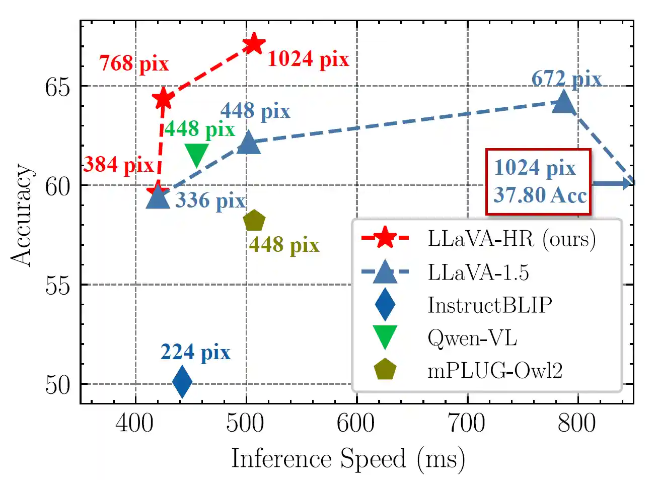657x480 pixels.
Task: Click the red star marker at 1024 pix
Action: pos(254,44)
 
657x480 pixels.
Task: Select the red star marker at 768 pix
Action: pos(163,99)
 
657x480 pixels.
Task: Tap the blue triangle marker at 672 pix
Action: pos(563,102)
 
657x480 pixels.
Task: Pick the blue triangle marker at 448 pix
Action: pos(248,143)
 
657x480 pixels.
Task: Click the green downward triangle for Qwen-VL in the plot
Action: pos(196,154)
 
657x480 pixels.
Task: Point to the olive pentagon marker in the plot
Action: pos(254,221)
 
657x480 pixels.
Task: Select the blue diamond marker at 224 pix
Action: pos(182,382)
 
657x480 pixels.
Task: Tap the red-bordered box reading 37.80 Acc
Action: pos(539,182)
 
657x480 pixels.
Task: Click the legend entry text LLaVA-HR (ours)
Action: pos(512,238)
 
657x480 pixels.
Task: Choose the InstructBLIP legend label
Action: pos(490,305)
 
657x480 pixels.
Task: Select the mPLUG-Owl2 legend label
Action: pos(495,371)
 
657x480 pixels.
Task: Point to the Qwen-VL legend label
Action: pos(472,337)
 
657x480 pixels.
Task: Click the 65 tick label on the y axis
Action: pos(57,87)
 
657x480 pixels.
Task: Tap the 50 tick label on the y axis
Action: pos(57,385)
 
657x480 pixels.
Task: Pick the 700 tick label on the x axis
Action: pos(467,423)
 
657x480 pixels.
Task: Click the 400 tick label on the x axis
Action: pos(134,423)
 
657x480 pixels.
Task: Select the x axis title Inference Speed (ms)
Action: pos(348,459)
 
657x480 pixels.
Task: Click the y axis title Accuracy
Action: pos(22,215)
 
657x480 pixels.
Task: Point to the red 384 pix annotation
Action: pos(118,165)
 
